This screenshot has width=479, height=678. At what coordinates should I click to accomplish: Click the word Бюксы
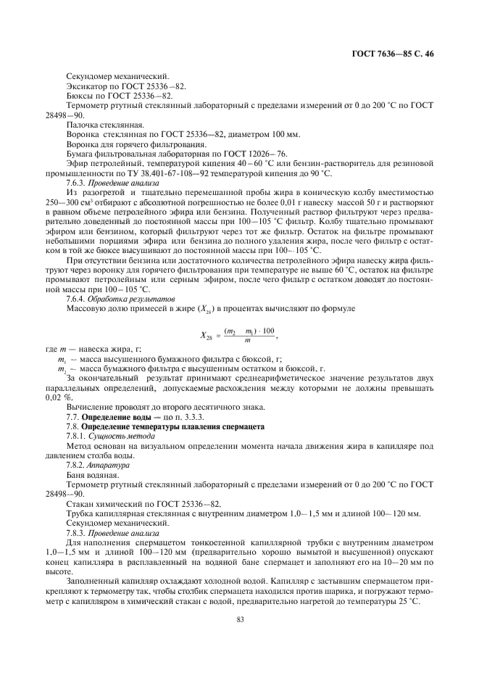(80, 96)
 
